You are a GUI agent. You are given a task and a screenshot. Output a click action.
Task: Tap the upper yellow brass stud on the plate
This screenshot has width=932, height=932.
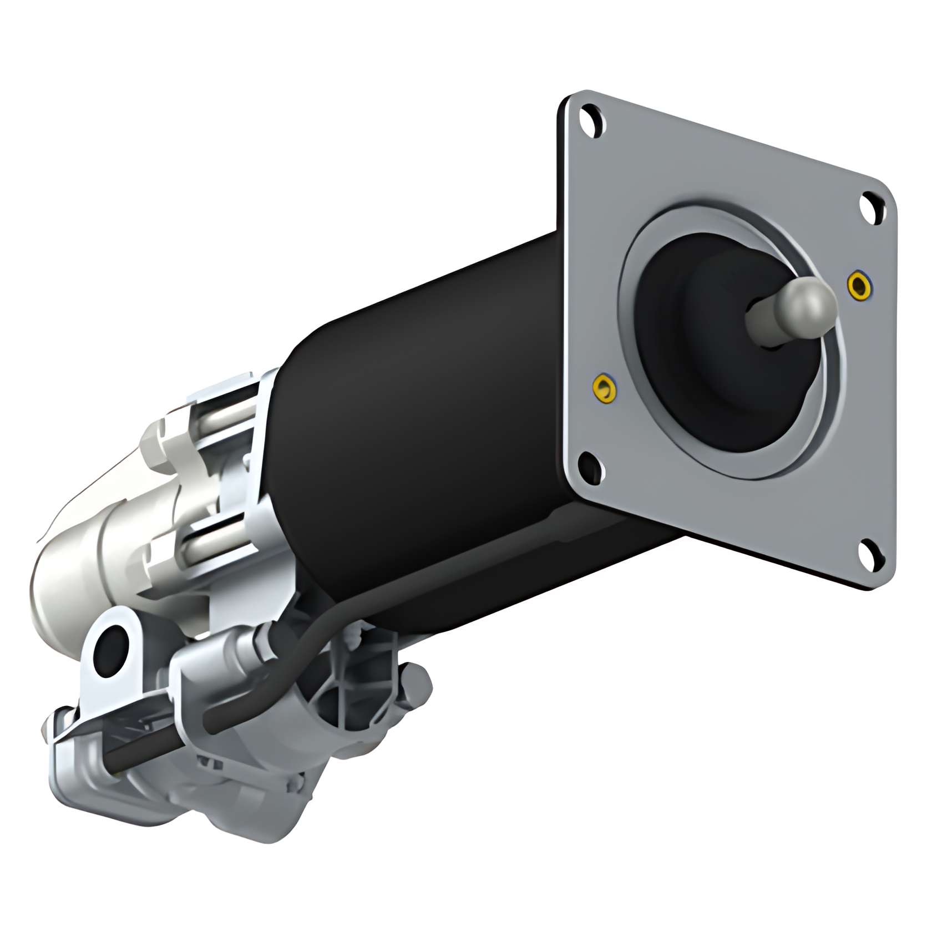click(x=859, y=283)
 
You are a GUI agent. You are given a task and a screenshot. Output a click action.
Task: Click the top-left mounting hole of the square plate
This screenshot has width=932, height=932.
click(x=591, y=123)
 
